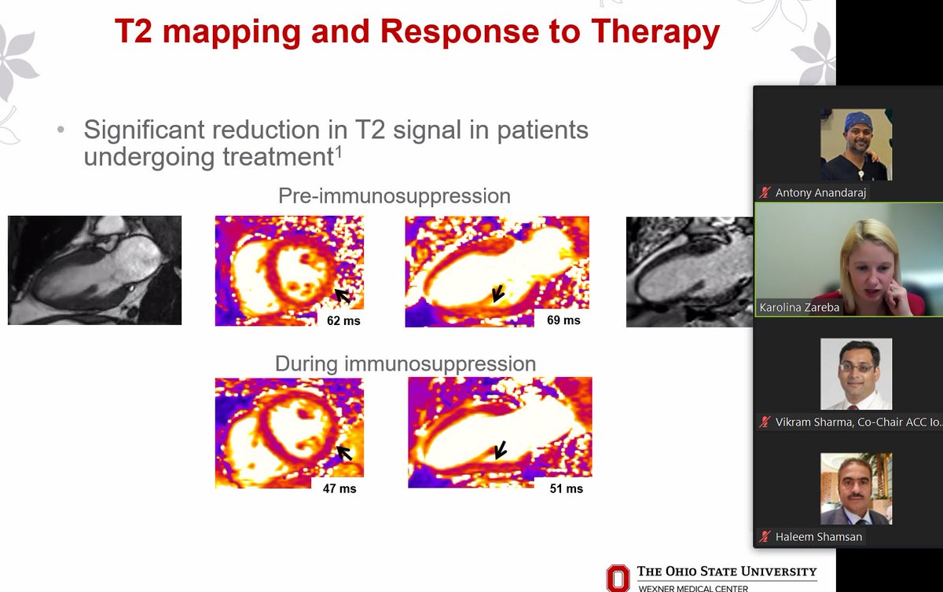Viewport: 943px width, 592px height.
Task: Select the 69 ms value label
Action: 563,320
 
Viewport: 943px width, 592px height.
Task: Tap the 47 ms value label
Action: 339,488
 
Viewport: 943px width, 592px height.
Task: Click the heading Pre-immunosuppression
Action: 394,196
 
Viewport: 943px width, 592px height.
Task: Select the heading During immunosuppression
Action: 405,364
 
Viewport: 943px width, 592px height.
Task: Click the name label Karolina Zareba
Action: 799,308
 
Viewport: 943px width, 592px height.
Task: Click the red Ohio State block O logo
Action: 617,578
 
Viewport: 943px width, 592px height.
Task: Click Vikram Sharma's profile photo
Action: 856,374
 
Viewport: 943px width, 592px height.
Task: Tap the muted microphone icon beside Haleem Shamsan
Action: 764,536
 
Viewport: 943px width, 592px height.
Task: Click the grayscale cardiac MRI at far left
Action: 94,270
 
